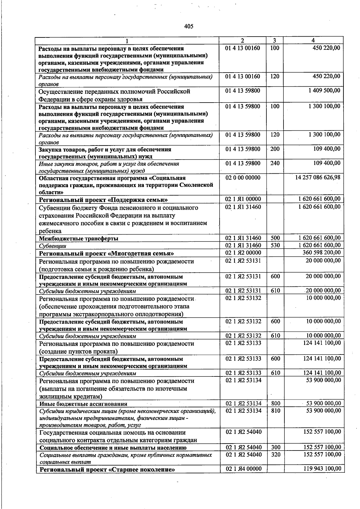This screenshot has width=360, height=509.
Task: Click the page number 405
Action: (189, 26)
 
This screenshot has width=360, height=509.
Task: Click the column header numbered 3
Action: (274, 40)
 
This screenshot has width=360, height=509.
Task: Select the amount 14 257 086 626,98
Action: (318, 177)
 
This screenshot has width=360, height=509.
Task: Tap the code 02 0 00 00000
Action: (243, 177)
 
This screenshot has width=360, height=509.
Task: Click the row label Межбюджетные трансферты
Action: (79, 238)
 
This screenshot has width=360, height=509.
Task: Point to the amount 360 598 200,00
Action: (321, 253)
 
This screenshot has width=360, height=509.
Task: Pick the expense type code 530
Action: (275, 245)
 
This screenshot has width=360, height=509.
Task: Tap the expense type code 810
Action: (276, 410)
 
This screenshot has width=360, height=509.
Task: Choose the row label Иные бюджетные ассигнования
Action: (83, 404)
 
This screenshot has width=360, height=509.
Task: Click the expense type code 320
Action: (276, 454)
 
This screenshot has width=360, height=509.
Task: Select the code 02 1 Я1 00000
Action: (243, 199)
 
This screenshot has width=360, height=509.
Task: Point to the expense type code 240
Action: (275, 163)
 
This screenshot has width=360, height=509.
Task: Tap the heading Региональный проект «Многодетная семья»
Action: (106, 253)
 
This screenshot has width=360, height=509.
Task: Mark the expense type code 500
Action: (275, 238)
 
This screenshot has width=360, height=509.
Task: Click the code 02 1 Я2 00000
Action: (243, 253)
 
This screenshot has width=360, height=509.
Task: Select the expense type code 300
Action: (276, 447)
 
